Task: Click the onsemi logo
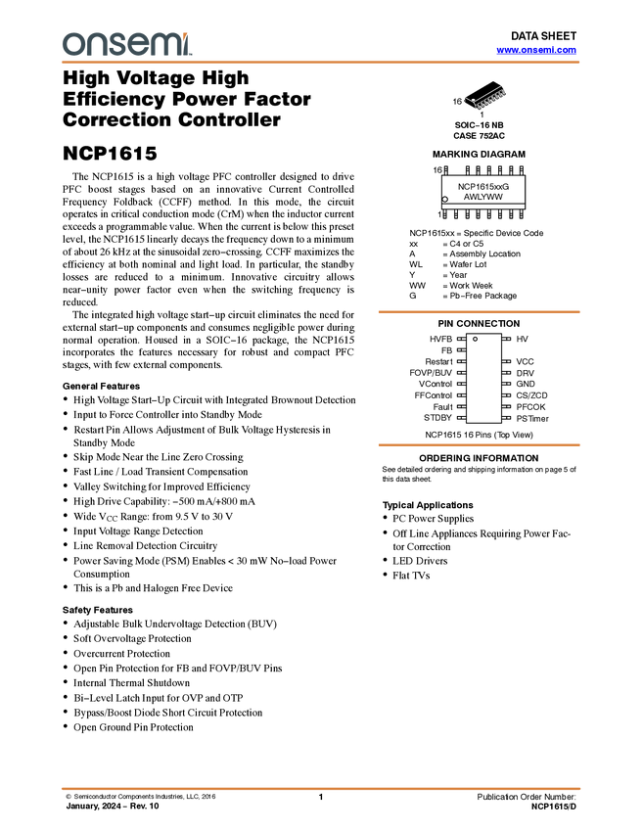tap(126, 44)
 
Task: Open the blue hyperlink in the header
tap(536, 50)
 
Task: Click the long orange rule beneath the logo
tap(321, 63)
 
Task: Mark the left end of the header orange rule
tap(62, 63)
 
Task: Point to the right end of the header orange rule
tap(580, 63)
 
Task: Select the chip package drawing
tap(485, 99)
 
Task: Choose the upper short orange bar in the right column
tap(479, 312)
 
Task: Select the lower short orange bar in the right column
tap(479, 445)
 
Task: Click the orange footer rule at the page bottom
tap(321, 788)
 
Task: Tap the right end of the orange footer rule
tap(580, 788)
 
